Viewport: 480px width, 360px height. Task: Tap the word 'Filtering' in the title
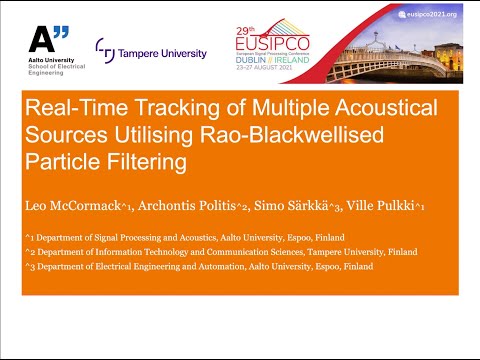coord(136,162)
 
